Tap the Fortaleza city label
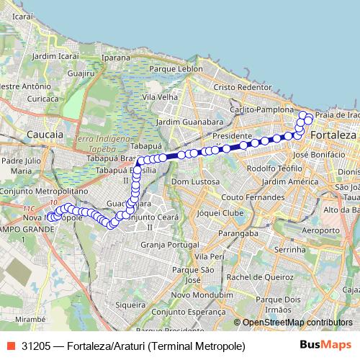point(333,135)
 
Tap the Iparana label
point(116,57)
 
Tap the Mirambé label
point(30,316)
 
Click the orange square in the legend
point(11,346)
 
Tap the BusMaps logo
point(325,346)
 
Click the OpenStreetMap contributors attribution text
point(297,322)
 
